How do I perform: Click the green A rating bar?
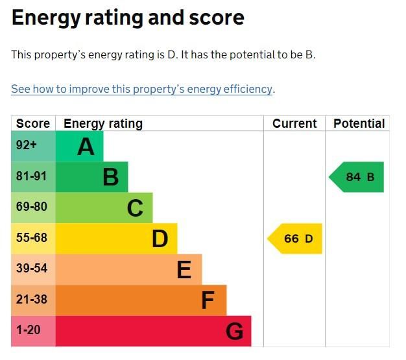point(79,147)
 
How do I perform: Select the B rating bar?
point(91,177)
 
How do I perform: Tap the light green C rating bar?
point(104,208)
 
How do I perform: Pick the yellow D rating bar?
point(116,239)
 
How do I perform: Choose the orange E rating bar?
point(128,269)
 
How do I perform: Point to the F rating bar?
point(141,300)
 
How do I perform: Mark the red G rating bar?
point(153,331)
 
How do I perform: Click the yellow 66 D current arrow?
point(295,239)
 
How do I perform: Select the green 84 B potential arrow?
point(357,177)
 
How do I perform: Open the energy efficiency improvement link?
point(141,90)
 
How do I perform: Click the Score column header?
point(33,124)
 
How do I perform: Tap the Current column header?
point(294,124)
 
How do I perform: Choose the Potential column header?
point(359,124)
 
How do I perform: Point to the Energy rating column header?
point(102,124)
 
